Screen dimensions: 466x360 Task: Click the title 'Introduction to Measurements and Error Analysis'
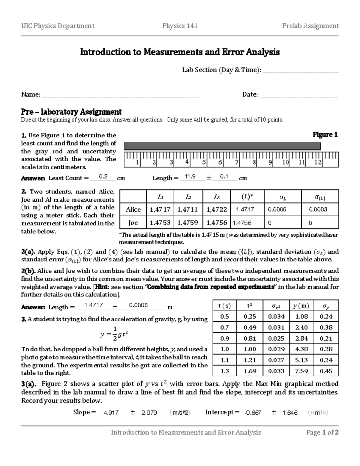180,52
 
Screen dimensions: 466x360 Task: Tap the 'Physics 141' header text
180,26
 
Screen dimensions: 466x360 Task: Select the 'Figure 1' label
325,135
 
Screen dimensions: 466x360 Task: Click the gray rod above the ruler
222,146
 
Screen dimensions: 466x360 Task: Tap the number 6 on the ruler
220,162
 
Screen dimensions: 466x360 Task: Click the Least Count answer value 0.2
103,177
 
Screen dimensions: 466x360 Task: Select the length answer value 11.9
190,177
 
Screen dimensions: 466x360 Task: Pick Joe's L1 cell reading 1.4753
160,223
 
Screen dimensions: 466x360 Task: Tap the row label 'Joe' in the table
133,223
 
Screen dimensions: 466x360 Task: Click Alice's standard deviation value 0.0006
277,209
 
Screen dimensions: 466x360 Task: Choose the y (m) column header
301,306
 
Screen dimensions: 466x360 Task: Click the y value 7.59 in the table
301,371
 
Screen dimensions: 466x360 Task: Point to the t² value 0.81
250,338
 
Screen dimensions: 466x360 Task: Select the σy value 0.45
326,371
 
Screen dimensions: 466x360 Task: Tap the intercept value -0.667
253,413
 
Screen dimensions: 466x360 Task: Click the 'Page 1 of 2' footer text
322,432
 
